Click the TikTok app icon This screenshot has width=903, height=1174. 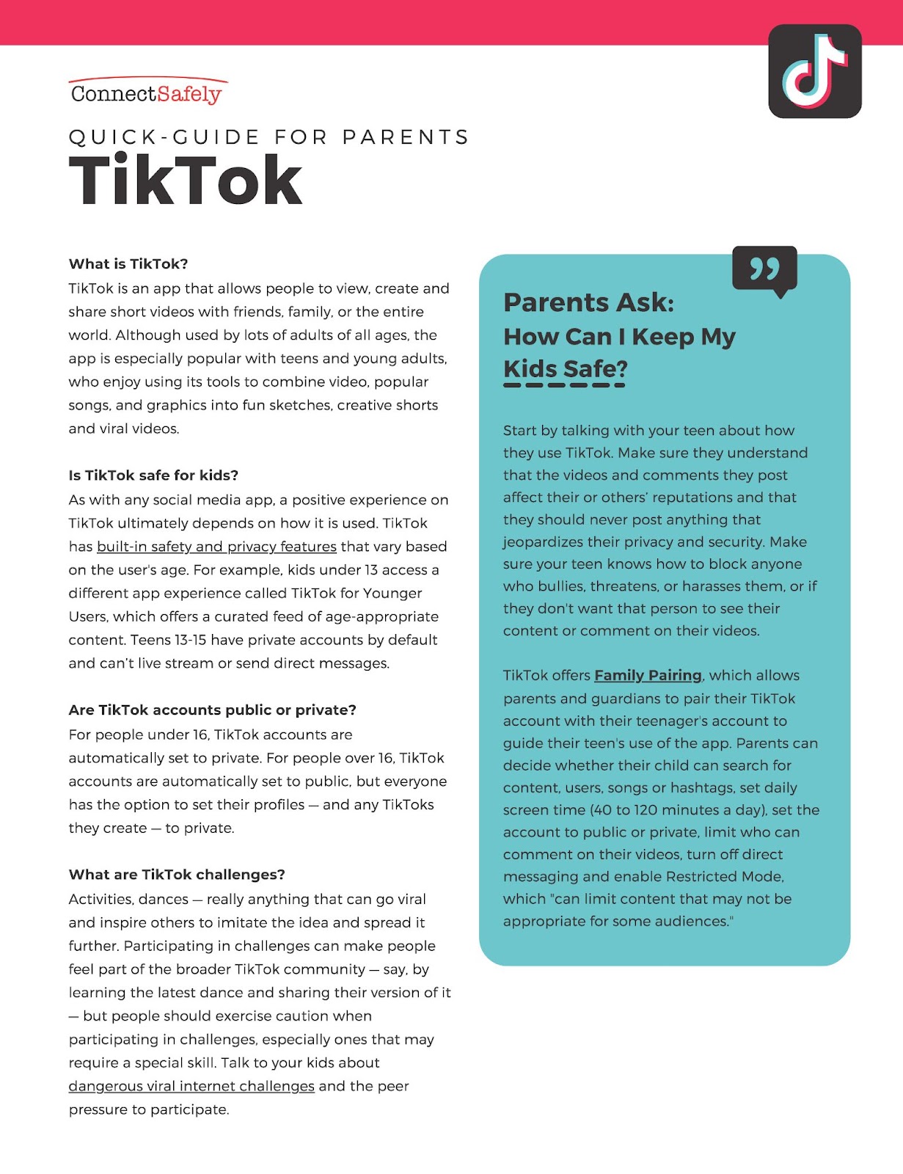(814, 71)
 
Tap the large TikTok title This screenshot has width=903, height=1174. (186, 181)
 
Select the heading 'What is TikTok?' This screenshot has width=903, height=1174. (128, 264)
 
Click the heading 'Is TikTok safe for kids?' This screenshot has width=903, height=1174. (153, 475)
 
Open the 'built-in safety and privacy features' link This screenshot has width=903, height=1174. (216, 547)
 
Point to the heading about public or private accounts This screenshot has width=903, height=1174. (212, 710)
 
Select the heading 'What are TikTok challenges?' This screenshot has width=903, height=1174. (177, 875)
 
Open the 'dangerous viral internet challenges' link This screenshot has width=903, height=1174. (191, 1086)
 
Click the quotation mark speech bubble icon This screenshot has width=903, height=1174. (764, 270)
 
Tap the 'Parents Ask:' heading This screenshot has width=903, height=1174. (588, 302)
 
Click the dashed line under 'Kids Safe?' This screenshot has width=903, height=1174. (564, 385)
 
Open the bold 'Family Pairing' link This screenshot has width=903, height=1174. (648, 676)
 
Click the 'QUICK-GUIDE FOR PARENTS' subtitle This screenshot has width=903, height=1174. (268, 137)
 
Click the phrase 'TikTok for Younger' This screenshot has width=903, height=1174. (357, 593)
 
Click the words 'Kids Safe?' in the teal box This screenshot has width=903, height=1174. (566, 368)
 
